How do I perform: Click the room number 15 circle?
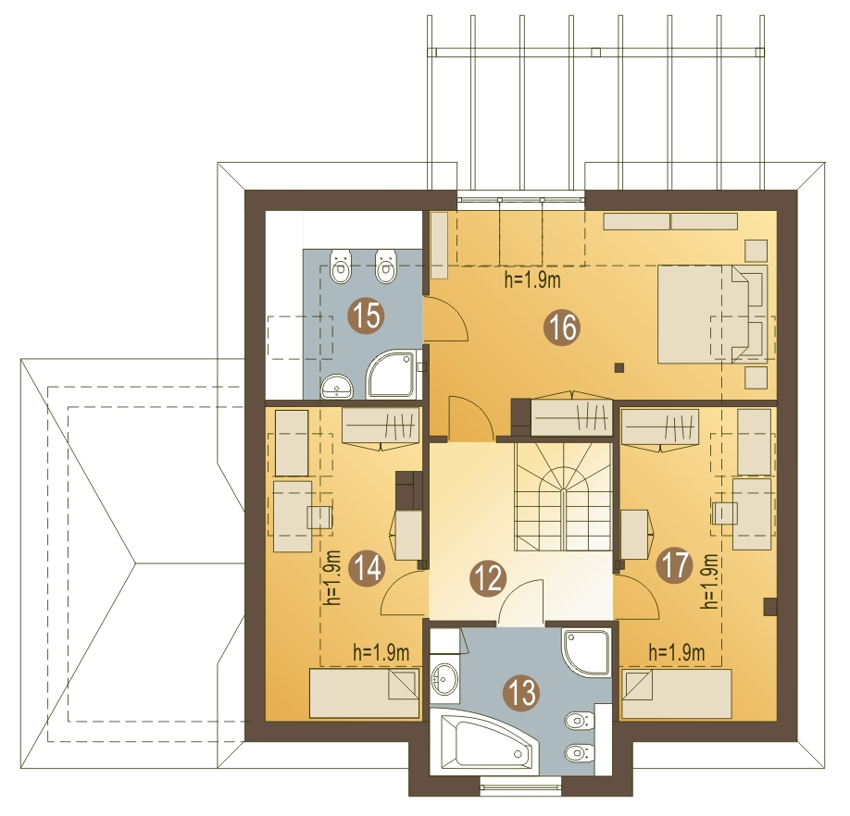pyautogui.click(x=367, y=315)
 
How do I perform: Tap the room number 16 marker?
pyautogui.click(x=562, y=328)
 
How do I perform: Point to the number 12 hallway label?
pyautogui.click(x=488, y=578)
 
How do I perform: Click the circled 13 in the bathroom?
pyautogui.click(x=521, y=693)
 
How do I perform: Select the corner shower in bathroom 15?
pyautogui.click(x=392, y=375)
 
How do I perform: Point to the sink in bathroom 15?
pyautogui.click(x=337, y=387)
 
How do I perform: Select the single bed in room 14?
pyautogui.click(x=364, y=693)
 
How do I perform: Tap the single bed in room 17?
pyautogui.click(x=677, y=693)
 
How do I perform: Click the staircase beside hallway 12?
pyautogui.click(x=563, y=497)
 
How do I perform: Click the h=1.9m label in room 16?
pyautogui.click(x=532, y=280)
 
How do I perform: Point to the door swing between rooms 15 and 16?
pyautogui.click(x=445, y=319)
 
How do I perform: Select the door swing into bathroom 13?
pyautogui.click(x=521, y=602)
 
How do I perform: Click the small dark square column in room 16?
pyautogui.click(x=619, y=368)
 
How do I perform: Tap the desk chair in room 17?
pyautogui.click(x=725, y=513)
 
